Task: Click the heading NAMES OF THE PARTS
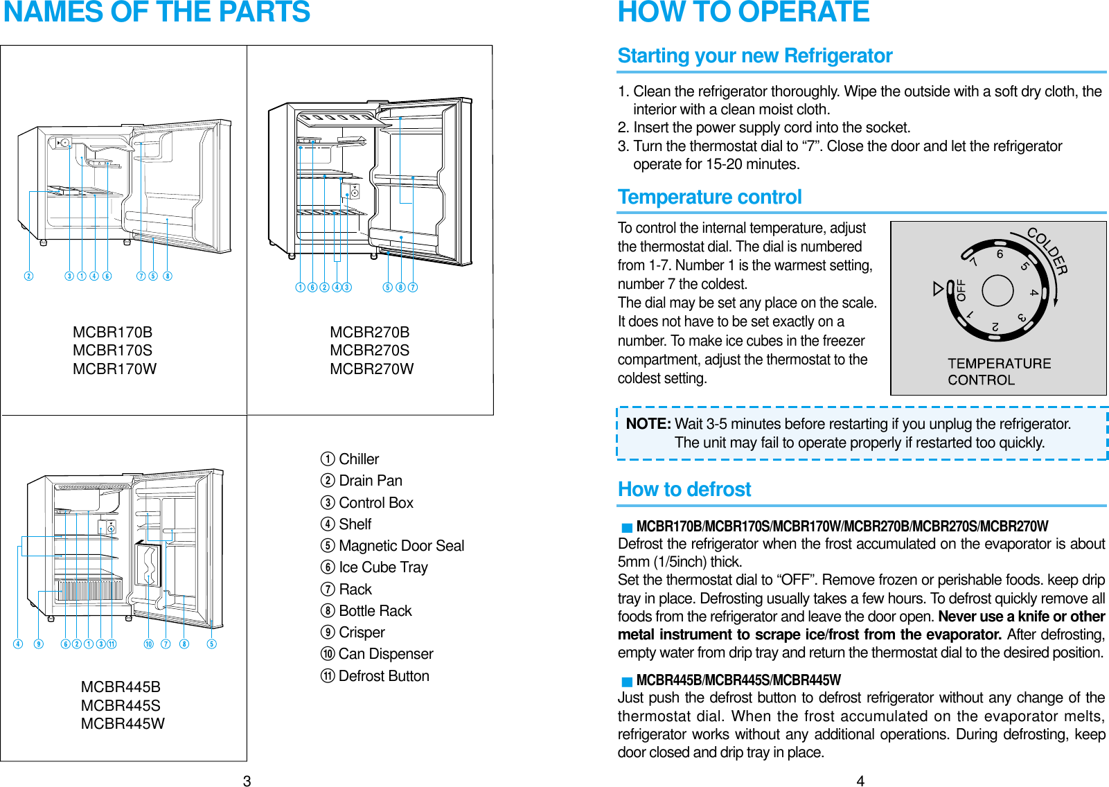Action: click(x=157, y=12)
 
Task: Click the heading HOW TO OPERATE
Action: click(x=743, y=12)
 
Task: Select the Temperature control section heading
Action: click(x=709, y=197)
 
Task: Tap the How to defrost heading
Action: click(x=684, y=490)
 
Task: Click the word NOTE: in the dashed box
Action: click(x=648, y=424)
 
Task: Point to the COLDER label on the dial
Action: click(x=1047, y=251)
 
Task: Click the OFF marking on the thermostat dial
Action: click(x=961, y=290)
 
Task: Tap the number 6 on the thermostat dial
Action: click(x=1000, y=254)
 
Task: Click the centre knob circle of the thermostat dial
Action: click(x=997, y=290)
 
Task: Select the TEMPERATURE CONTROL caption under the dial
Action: click(x=998, y=372)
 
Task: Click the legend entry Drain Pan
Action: click(x=370, y=481)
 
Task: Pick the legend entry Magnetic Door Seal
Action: click(x=401, y=546)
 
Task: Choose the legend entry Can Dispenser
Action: click(x=385, y=654)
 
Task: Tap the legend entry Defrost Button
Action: click(x=383, y=676)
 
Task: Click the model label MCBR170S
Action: click(x=112, y=351)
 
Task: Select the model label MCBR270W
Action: click(x=371, y=369)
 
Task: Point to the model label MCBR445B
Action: click(x=121, y=687)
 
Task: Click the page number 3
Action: click(x=247, y=781)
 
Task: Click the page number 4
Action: click(x=860, y=781)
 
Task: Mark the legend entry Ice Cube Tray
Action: click(x=383, y=567)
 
